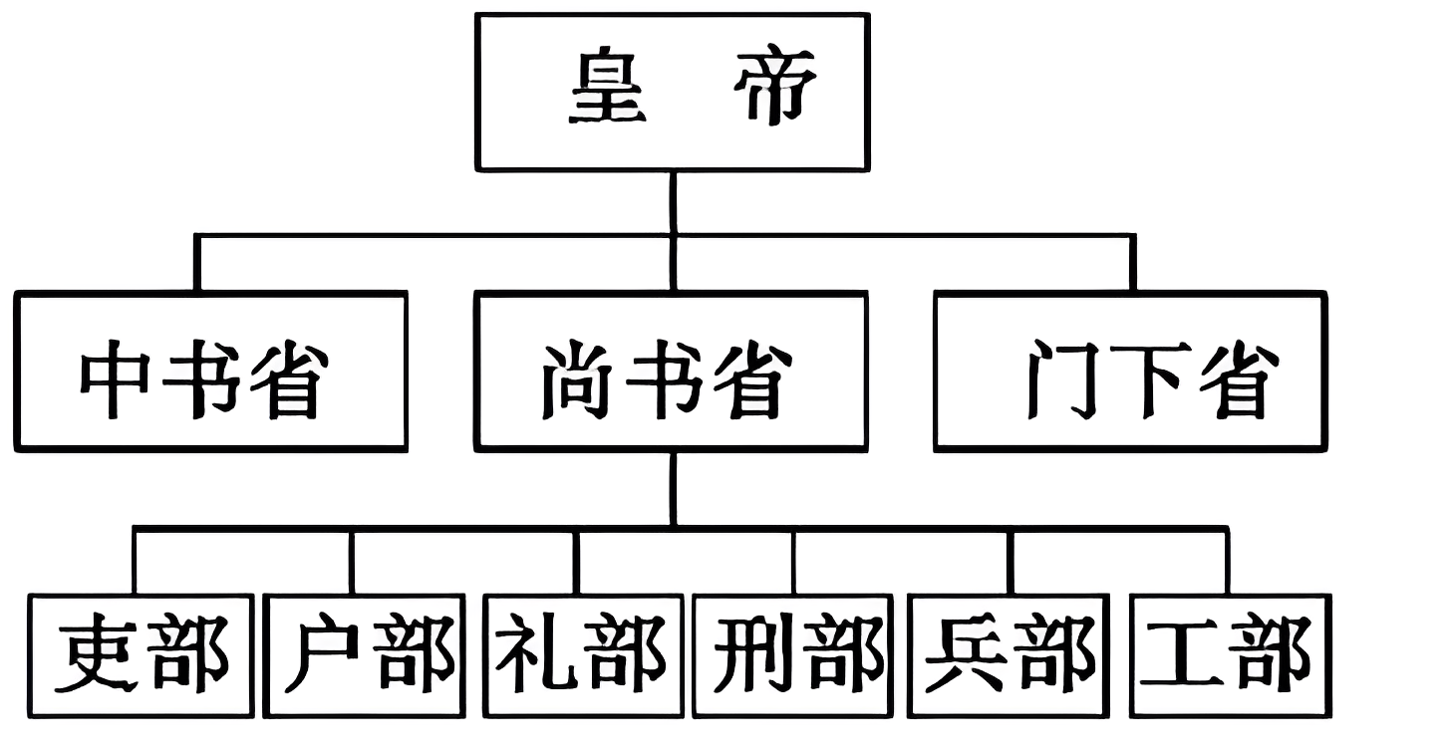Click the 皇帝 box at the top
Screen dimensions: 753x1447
673,92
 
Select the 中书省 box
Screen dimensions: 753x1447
210,371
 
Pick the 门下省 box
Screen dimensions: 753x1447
1130,371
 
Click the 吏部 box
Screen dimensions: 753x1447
140,654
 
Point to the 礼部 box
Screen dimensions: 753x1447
583,654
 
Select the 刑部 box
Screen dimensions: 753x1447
793,654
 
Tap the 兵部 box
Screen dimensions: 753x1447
1009,654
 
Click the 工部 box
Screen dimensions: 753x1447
1231,654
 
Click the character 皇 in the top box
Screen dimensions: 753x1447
608,90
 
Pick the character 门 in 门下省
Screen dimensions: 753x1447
1058,380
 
